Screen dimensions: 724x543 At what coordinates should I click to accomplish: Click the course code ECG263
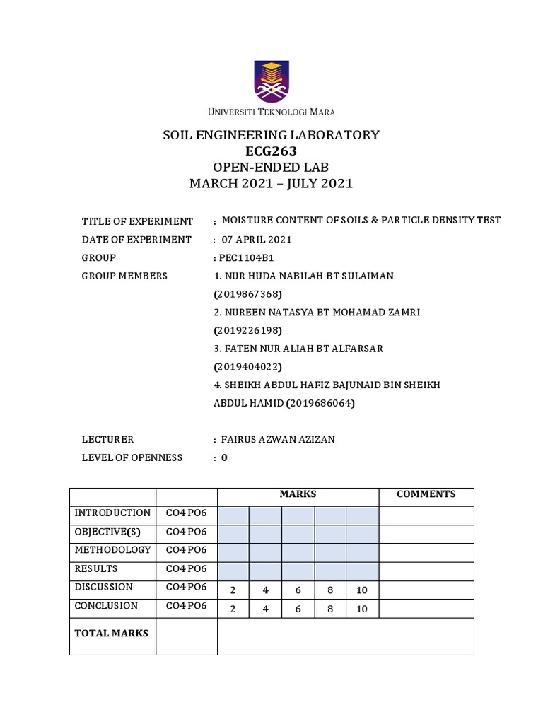coord(271,151)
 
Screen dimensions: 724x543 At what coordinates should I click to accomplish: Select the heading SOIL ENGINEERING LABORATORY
coord(271,135)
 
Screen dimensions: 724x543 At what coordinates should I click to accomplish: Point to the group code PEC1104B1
coord(247,258)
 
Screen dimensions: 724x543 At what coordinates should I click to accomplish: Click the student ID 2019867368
coord(247,294)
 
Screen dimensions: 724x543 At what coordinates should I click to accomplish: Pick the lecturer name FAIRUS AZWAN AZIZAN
coord(278,440)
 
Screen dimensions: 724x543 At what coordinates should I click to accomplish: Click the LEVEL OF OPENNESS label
coord(132,458)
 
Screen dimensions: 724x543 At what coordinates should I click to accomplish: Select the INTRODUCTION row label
coord(112,513)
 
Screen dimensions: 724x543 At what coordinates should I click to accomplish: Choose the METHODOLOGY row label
coord(112,550)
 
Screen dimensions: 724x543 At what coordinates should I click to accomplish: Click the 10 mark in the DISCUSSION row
coord(362,590)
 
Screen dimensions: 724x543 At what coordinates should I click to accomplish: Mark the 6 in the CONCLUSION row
coord(298,609)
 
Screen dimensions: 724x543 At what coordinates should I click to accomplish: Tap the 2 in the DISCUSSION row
coord(233,590)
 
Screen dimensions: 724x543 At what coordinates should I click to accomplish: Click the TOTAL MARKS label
coord(112,633)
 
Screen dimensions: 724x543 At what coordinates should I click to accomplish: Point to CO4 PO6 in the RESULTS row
coord(186,568)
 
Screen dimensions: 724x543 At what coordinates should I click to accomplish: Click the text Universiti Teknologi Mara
coord(271,112)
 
